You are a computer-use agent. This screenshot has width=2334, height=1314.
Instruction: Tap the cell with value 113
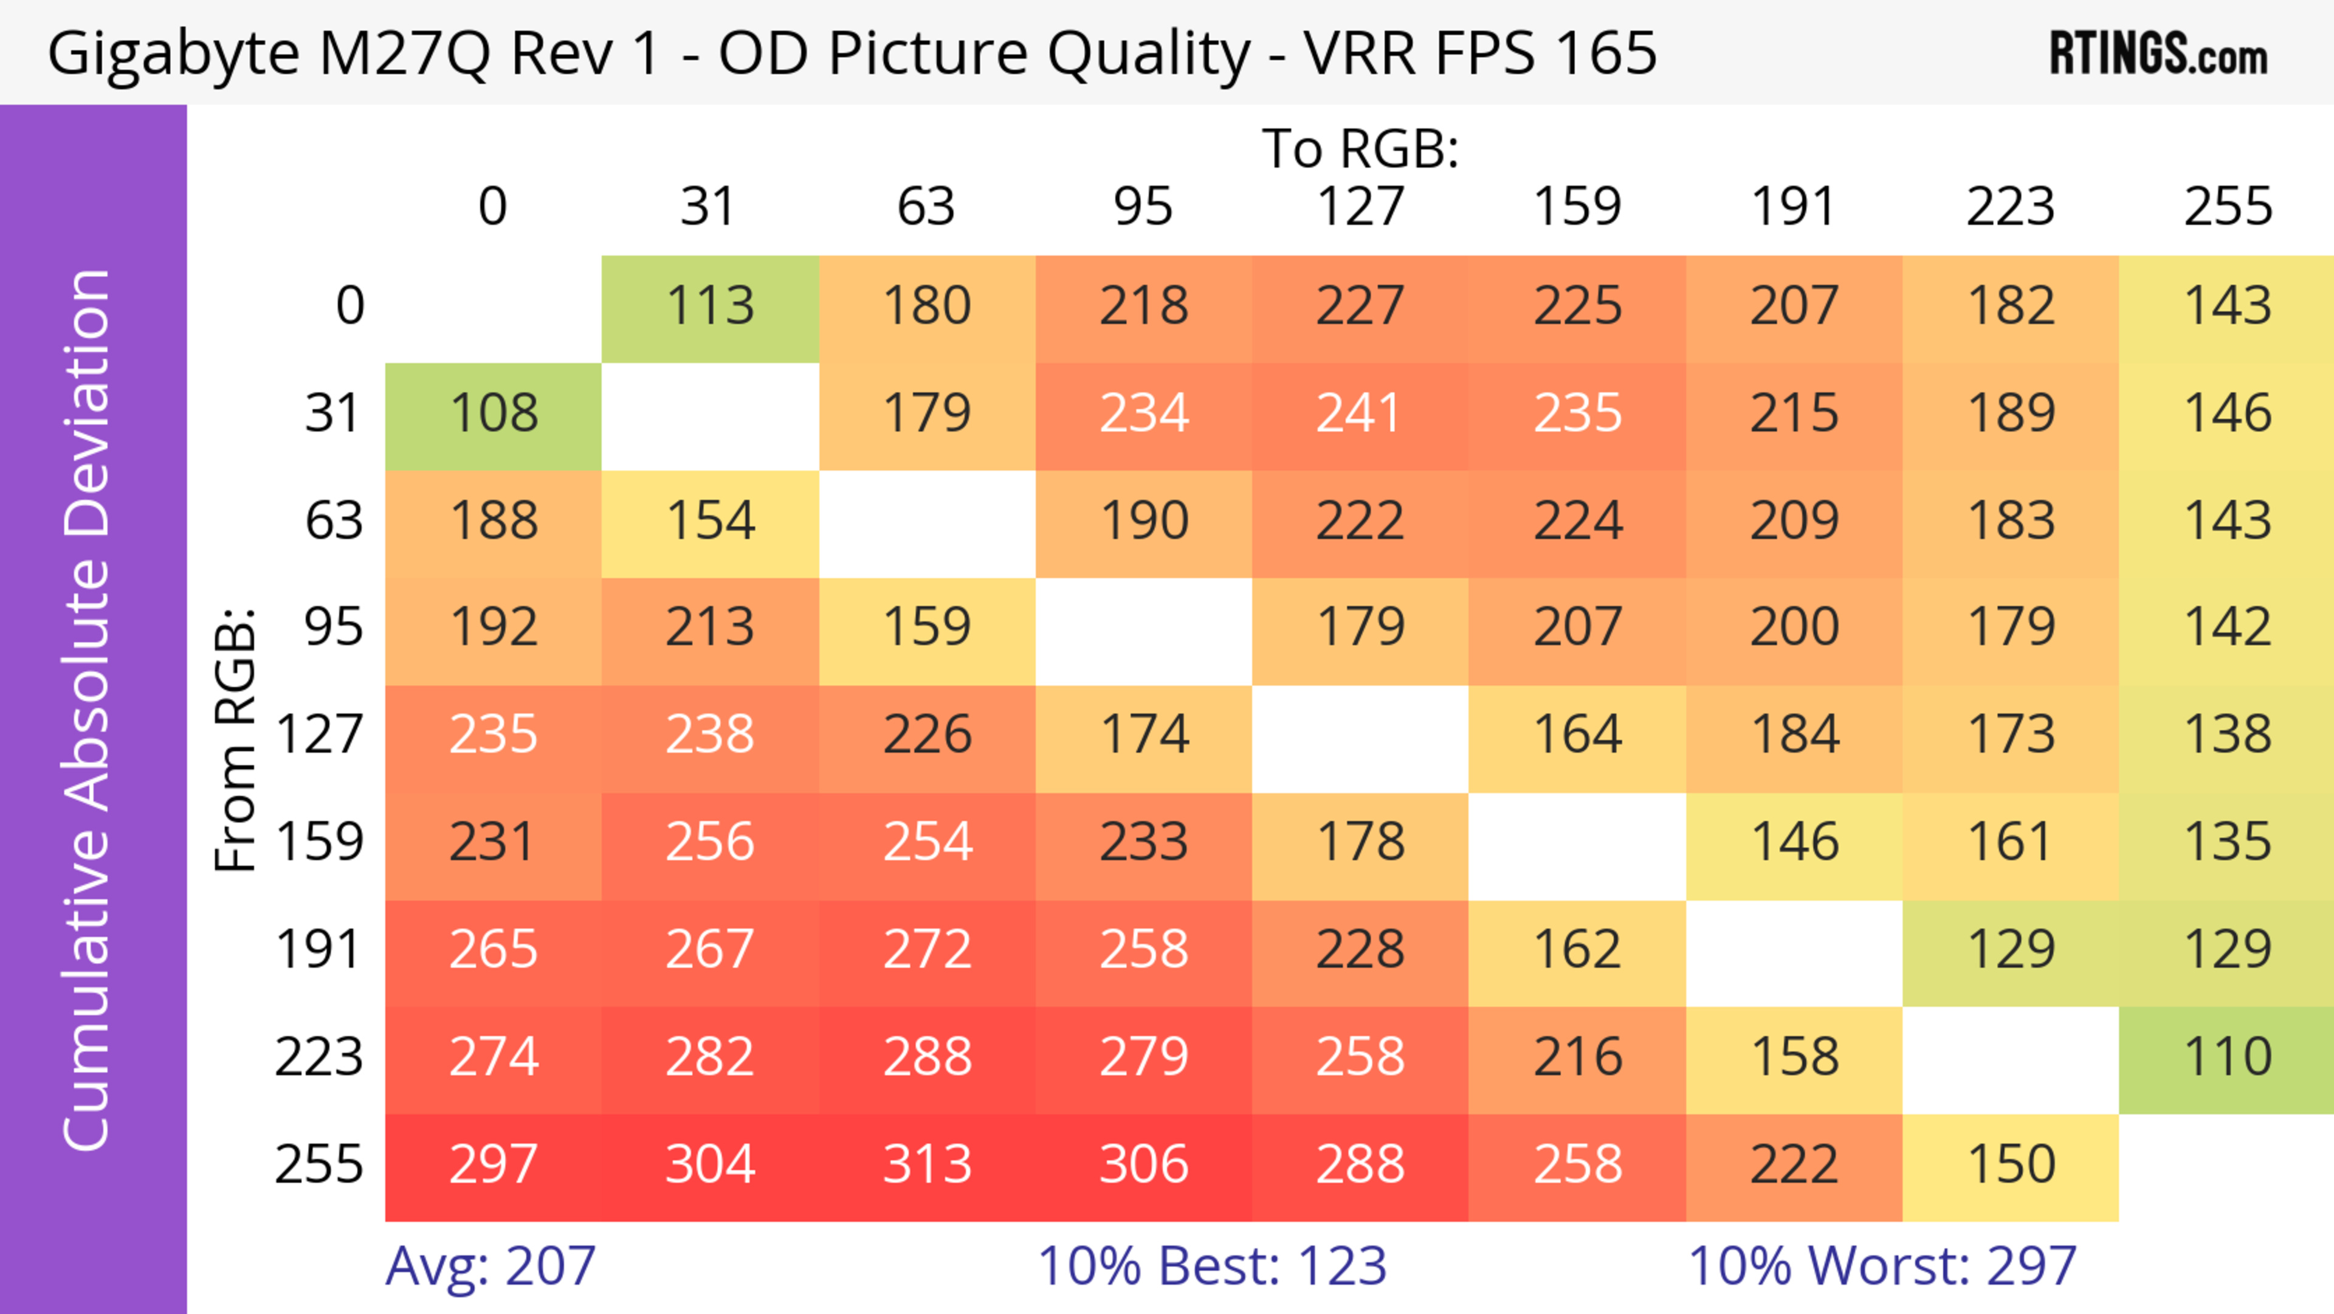point(711,307)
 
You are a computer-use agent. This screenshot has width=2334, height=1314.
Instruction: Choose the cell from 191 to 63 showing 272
point(927,950)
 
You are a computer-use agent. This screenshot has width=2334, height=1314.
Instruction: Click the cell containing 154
point(711,522)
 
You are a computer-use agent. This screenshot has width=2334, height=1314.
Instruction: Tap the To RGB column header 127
point(1360,207)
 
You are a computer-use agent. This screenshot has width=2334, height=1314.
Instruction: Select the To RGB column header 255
point(2227,207)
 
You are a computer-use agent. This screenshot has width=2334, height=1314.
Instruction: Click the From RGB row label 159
point(320,843)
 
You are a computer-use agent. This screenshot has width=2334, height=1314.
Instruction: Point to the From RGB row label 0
point(349,307)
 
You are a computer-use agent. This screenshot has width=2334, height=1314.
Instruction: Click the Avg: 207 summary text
point(490,1266)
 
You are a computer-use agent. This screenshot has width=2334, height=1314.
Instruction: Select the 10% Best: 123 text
point(1211,1266)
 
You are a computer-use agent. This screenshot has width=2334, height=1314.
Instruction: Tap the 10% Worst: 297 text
point(1882,1266)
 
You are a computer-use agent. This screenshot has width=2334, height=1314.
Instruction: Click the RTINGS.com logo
point(2158,54)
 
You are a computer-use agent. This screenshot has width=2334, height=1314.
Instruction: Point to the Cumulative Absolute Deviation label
point(88,710)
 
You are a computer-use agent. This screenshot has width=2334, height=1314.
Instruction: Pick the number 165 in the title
point(1605,54)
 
